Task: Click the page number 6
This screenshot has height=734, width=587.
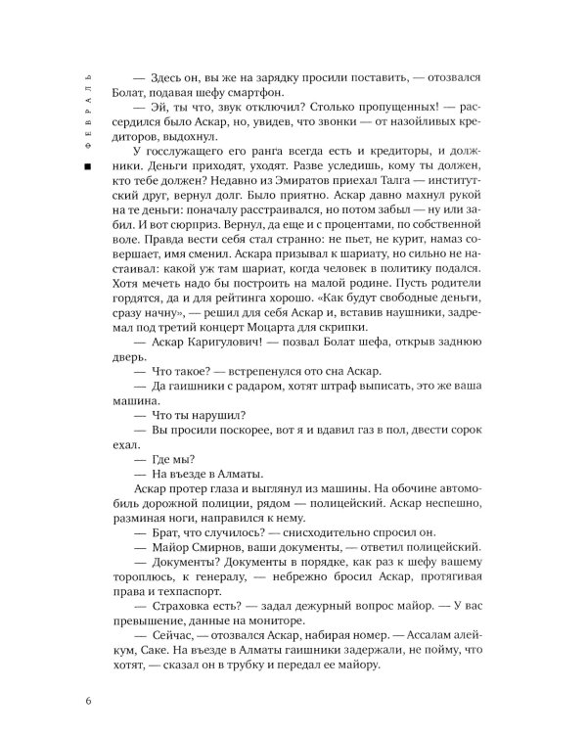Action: coord(90,700)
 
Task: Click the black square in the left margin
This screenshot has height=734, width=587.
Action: coord(89,170)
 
